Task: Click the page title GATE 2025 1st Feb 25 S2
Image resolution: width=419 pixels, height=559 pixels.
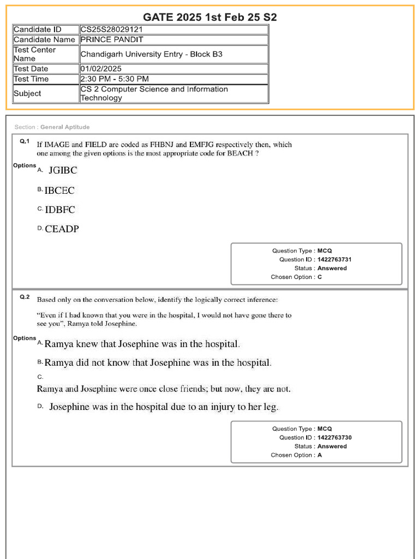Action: tap(209, 17)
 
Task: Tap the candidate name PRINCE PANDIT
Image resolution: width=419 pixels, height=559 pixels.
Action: tap(112, 40)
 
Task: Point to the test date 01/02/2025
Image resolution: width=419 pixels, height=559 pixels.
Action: tap(101, 69)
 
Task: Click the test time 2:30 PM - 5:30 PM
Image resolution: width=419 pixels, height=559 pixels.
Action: tap(115, 79)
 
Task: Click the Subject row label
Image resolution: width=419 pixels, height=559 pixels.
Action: tap(27, 93)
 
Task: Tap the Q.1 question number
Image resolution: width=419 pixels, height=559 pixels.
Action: tap(25, 141)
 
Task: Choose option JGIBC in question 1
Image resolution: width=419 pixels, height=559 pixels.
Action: tap(63, 170)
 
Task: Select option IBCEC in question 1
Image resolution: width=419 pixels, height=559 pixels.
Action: tap(59, 191)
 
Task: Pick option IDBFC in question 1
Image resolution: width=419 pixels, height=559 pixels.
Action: tap(60, 210)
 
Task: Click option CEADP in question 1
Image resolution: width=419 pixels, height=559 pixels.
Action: tap(62, 229)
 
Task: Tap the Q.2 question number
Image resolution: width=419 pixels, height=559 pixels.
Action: tap(25, 297)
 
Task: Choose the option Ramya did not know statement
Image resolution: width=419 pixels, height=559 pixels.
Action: tap(158, 362)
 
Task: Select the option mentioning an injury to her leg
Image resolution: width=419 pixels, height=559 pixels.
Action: tap(164, 407)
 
